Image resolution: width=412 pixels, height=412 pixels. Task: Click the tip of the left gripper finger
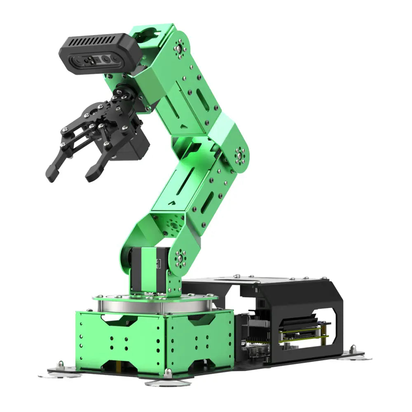(51, 176)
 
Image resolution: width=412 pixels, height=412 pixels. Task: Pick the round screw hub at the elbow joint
(239, 156)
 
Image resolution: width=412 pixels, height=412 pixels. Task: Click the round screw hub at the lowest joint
(180, 258)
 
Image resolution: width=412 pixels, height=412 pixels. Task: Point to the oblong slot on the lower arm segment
(207, 202)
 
